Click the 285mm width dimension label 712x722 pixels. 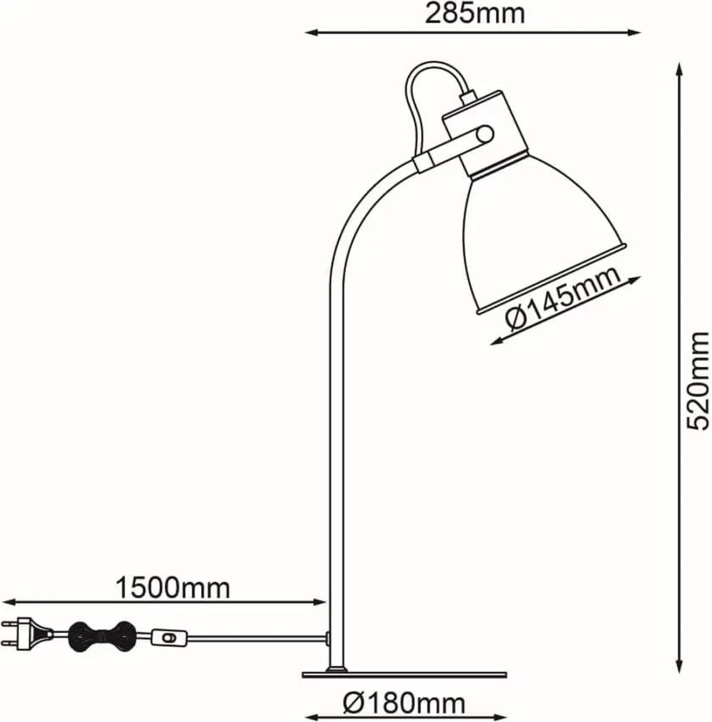(x=474, y=14)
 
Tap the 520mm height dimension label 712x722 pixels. (x=697, y=381)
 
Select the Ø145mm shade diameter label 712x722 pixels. (x=563, y=299)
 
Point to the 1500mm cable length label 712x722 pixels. (x=172, y=588)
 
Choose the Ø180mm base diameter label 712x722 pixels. (x=404, y=703)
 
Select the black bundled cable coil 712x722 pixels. (x=102, y=637)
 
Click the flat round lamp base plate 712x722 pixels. (x=404, y=675)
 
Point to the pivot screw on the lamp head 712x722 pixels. (x=485, y=135)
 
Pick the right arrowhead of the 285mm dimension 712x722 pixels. (x=633, y=32)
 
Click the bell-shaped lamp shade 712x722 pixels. (x=544, y=230)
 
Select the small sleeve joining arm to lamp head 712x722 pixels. (x=422, y=163)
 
